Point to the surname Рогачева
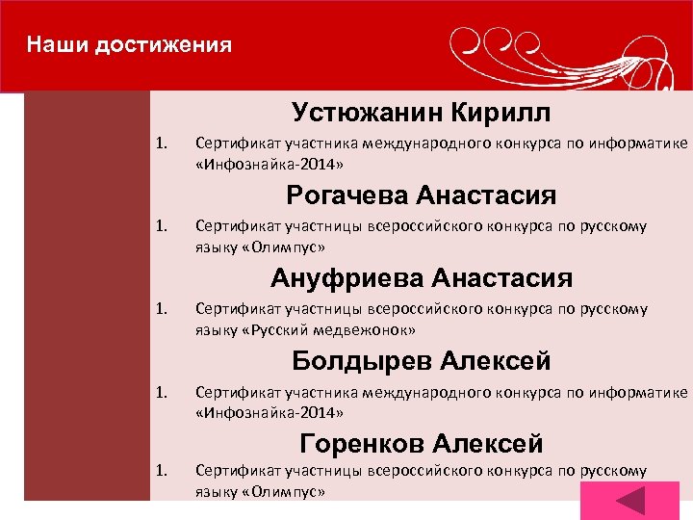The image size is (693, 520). [x=347, y=196]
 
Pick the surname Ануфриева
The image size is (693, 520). [x=347, y=279]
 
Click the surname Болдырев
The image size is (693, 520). [x=363, y=362]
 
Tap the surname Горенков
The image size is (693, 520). [x=363, y=444]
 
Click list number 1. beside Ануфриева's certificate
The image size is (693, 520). [x=163, y=310]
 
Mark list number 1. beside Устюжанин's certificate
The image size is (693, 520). [x=163, y=144]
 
